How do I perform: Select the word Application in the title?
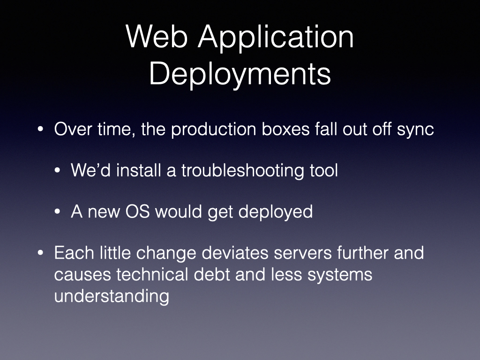click(276, 38)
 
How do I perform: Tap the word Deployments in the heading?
click(240, 75)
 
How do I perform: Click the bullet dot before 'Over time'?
click(40, 129)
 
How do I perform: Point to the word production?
click(213, 130)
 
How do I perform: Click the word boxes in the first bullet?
click(285, 129)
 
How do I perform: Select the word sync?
click(415, 130)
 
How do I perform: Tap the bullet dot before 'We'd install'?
click(57, 171)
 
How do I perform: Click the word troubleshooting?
click(243, 171)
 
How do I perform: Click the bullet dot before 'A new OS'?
click(57, 211)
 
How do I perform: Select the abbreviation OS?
click(137, 211)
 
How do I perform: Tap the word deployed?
click(276, 212)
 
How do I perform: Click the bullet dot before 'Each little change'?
click(40, 253)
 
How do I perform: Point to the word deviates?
click(235, 253)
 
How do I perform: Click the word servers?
click(303, 254)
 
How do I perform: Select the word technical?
click(152, 274)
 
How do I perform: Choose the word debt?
click(212, 274)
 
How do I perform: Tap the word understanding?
click(112, 296)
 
